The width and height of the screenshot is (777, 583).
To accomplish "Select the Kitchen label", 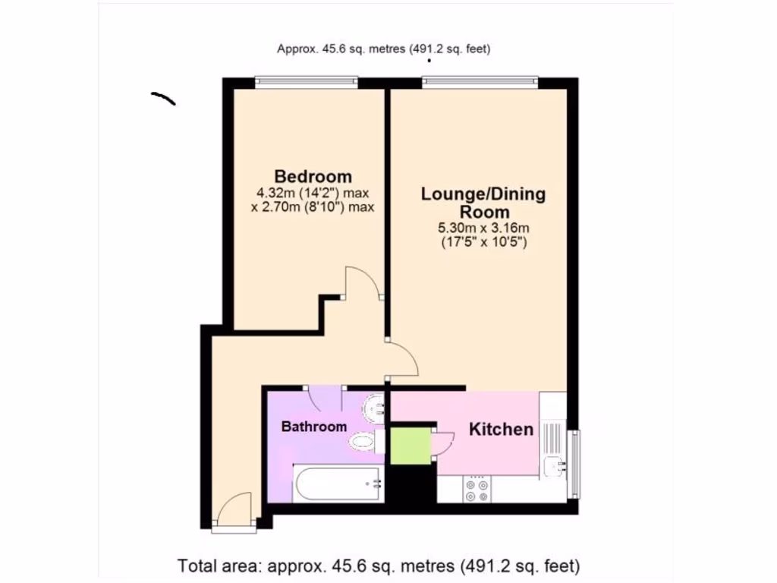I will (501, 430).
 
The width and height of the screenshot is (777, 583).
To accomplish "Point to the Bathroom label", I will (314, 427).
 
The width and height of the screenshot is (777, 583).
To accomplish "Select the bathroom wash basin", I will (374, 409).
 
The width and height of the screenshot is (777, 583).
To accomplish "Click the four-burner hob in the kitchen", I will (477, 490).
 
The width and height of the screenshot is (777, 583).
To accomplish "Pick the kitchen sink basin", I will (552, 465).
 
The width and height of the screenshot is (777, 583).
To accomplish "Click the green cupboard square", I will (409, 446).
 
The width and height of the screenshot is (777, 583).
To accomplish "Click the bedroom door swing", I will (363, 283).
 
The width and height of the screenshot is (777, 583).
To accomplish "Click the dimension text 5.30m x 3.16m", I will (483, 228).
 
